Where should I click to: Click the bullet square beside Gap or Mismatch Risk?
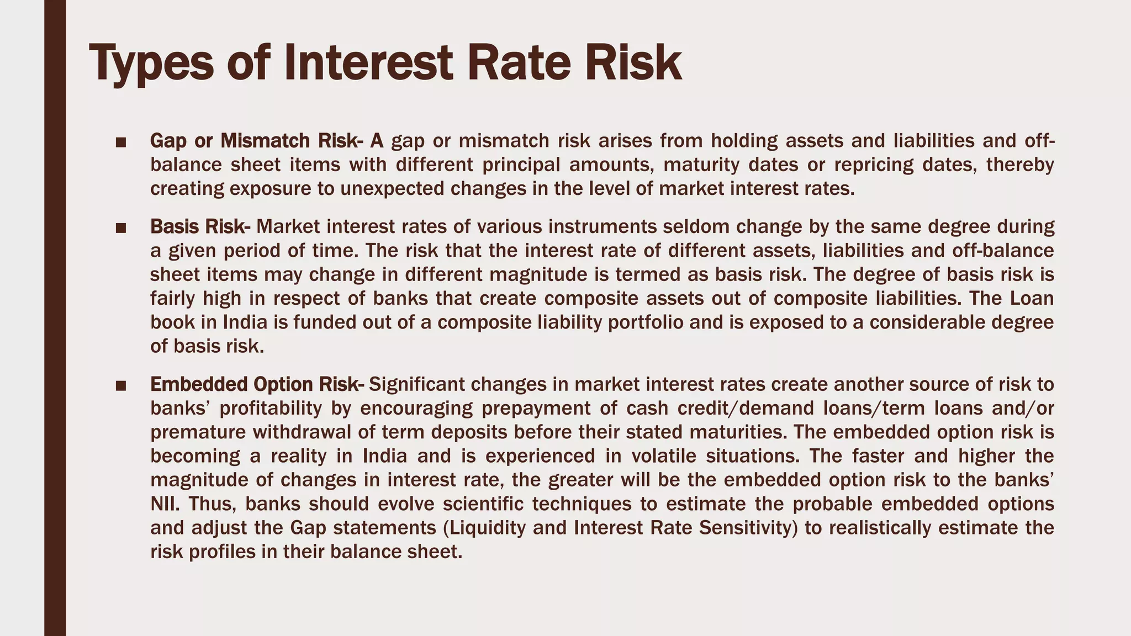tap(121, 142)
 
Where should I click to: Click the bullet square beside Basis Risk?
tap(121, 228)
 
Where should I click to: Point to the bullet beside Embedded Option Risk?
tap(121, 385)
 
